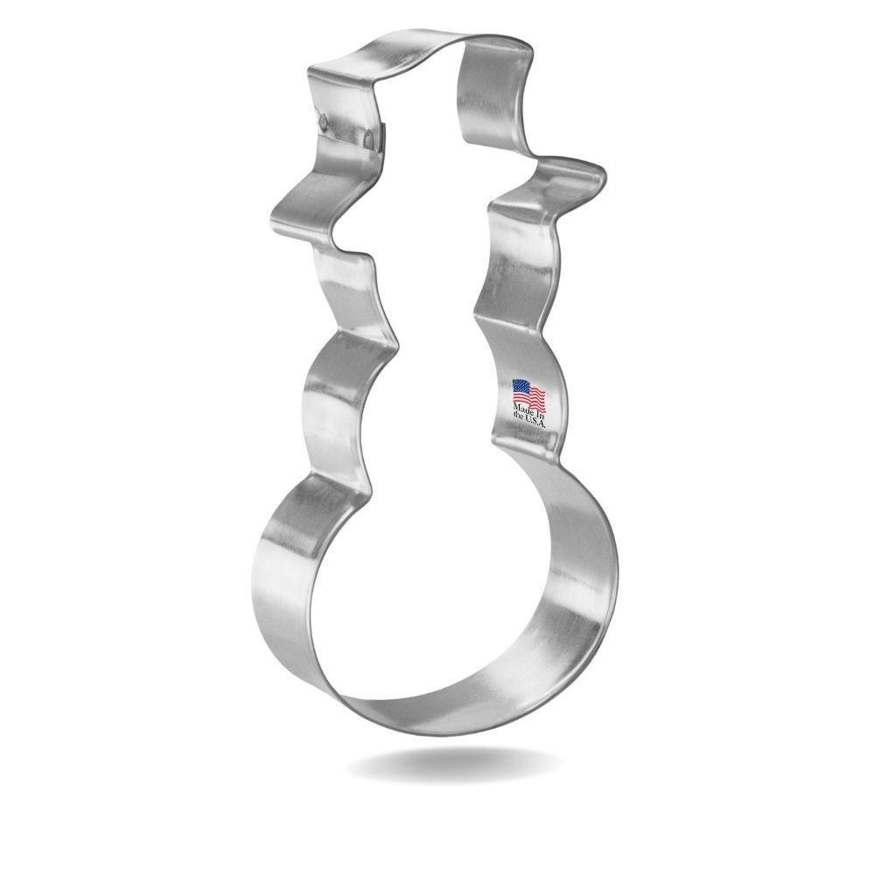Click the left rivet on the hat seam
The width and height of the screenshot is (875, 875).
(325, 118)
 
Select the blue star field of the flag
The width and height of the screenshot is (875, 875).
(520, 387)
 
